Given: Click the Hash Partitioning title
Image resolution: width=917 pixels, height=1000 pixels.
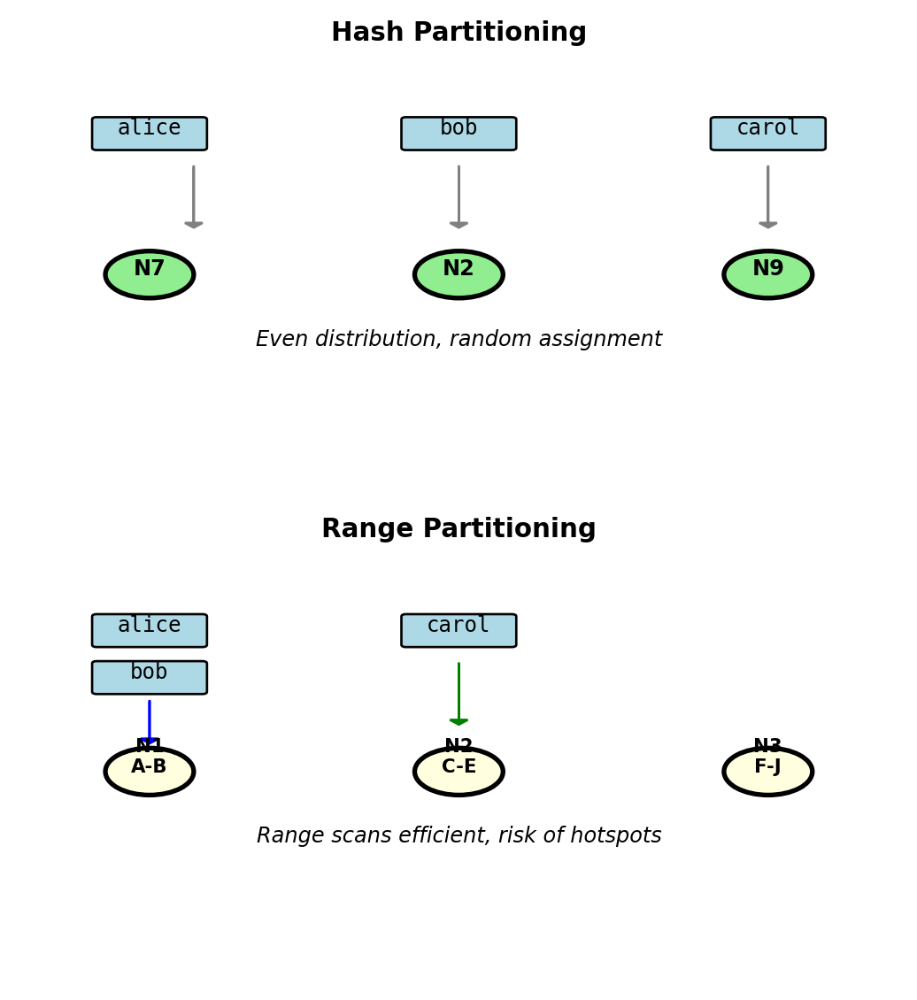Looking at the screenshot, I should point(458,33).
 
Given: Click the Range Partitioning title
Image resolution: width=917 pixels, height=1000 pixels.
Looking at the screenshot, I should point(458,529).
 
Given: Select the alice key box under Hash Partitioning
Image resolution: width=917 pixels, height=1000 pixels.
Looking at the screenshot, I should point(150,134).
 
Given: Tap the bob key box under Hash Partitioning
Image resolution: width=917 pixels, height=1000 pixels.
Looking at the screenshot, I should point(458,134).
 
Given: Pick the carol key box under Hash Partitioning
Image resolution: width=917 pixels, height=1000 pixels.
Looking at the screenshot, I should point(767,134).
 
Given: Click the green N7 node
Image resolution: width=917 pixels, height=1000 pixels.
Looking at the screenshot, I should point(150,274).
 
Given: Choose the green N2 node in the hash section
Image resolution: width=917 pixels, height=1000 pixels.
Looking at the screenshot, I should point(458,274).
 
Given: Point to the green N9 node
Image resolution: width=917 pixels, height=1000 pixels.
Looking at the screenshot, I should point(767,274).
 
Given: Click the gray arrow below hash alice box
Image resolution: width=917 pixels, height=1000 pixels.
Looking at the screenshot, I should point(194,196).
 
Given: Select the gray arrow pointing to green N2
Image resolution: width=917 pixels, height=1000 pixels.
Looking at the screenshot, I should point(458,196).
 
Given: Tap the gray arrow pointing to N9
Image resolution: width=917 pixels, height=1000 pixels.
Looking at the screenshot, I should point(767,196).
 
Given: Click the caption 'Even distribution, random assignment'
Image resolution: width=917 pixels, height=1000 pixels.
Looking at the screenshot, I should point(458,340).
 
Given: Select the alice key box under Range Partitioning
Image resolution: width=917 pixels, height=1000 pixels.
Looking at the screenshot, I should point(150,631).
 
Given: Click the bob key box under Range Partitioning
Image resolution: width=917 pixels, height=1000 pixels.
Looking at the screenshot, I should point(150,678).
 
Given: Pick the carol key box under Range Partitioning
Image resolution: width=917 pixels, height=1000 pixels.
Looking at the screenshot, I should point(458,631).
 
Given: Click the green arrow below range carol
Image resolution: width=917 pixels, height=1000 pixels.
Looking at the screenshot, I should point(458,694).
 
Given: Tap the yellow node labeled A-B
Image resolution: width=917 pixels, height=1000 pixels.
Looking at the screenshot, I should point(150,773).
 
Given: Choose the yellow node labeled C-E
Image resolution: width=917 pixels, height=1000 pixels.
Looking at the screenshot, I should point(458,773).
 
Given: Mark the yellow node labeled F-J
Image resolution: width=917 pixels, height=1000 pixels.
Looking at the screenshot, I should point(767,773).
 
